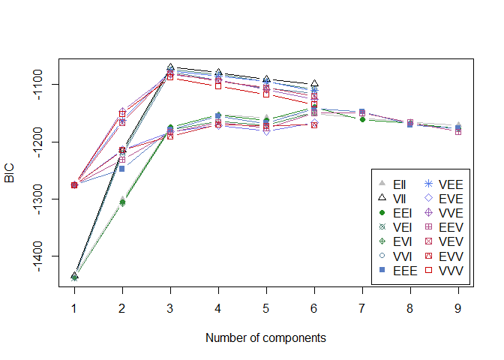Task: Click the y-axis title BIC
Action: coord(10,177)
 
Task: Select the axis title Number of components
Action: coord(265,337)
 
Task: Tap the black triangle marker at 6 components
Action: coord(314,83)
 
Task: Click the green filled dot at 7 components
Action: coord(362,119)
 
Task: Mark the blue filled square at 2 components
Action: coord(122,169)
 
